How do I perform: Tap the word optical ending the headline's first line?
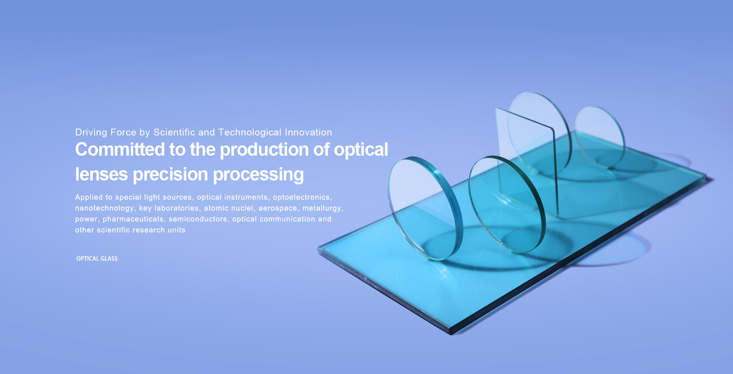coord(361,150)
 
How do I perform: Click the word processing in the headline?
coord(258,174)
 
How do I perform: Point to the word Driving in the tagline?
coord(91,132)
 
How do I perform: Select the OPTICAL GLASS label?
coord(97,259)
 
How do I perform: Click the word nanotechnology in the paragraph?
coord(104,208)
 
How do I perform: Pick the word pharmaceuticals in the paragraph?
coord(133,219)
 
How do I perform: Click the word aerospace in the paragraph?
coord(278,208)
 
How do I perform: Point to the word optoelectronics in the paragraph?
coord(302,197)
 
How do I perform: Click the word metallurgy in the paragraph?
coord(322,208)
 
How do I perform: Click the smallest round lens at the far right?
coord(599,135)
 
